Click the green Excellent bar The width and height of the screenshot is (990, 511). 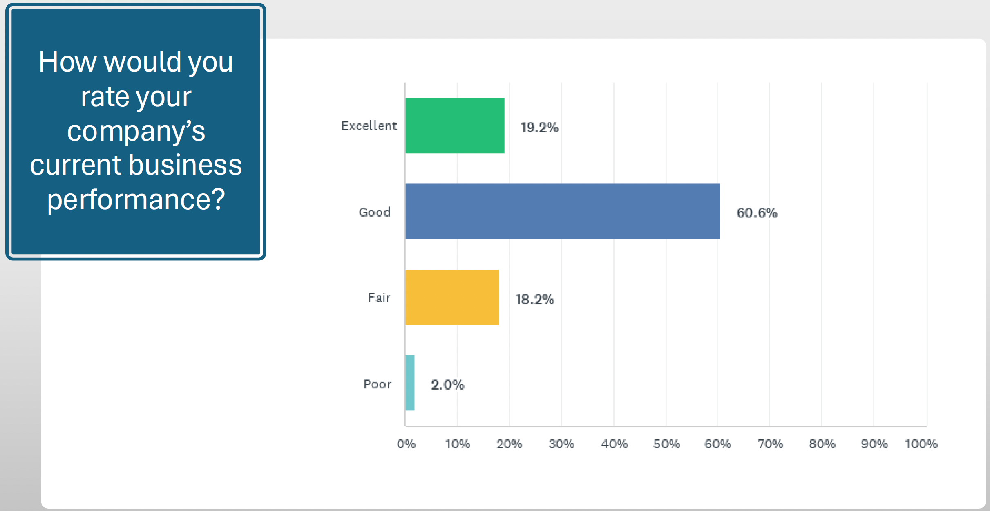point(455,126)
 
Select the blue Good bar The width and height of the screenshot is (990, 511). point(562,211)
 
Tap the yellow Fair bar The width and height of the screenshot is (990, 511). point(452,297)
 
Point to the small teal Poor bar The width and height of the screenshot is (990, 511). point(410,383)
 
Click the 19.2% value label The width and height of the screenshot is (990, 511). point(539,128)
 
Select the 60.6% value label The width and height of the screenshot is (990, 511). point(757,213)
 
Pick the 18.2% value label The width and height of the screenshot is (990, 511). point(534,299)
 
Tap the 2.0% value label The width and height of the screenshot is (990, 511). point(447,385)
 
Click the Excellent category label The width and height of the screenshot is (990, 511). point(369,126)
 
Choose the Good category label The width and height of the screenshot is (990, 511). point(375,212)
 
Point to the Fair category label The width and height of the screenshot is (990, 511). point(379,298)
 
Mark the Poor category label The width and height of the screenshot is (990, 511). point(378,384)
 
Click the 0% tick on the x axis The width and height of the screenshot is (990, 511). point(406,444)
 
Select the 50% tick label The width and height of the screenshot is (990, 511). point(666,444)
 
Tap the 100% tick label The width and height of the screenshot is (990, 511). point(921,444)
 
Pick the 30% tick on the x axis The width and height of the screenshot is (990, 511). point(561,444)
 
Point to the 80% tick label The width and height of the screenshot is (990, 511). point(822,444)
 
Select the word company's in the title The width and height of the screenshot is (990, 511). point(136,131)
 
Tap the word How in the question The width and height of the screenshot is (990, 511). point(67,62)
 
